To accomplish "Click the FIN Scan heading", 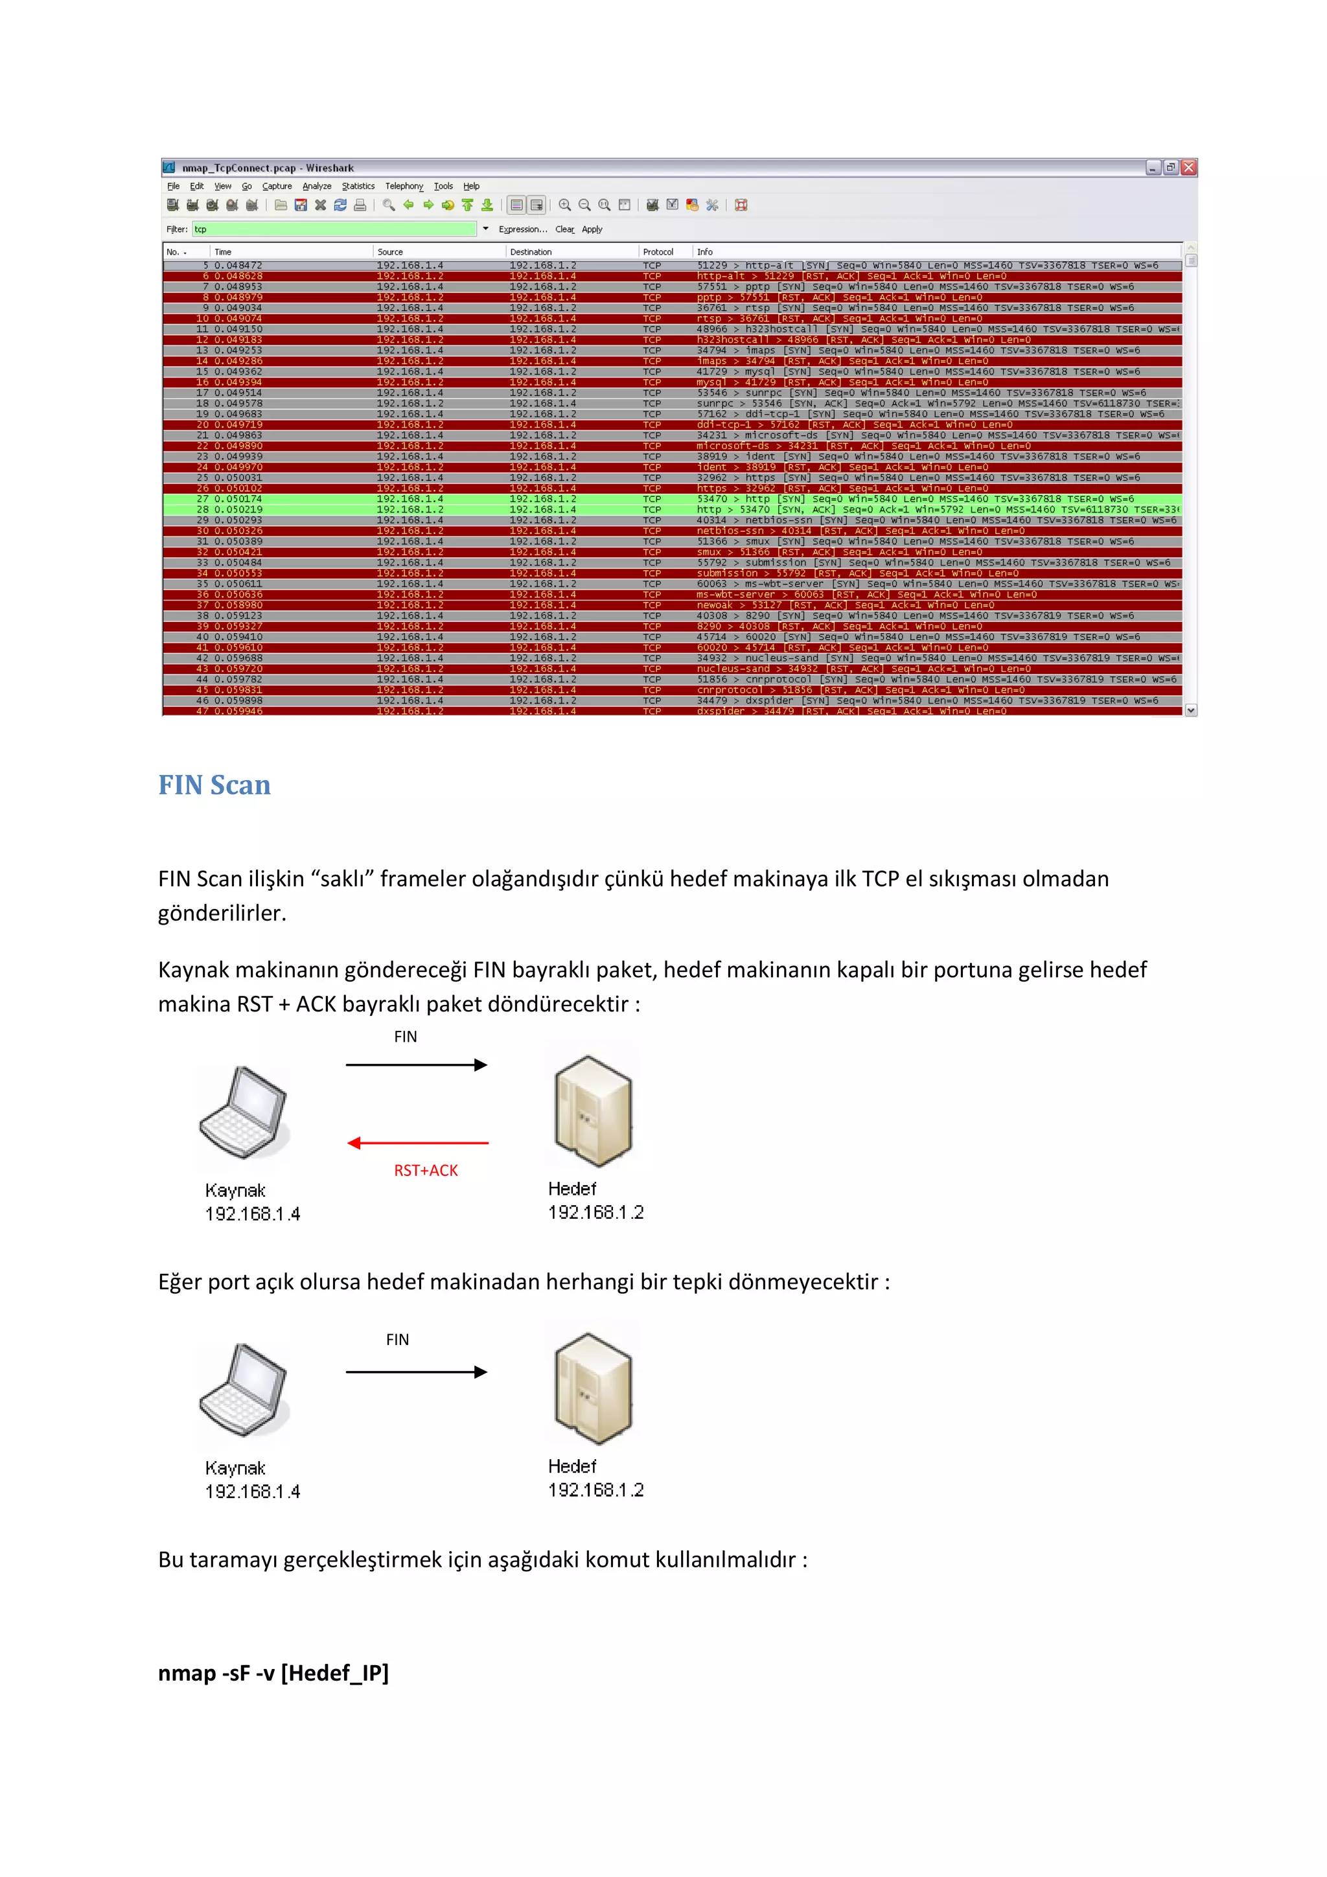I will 214,785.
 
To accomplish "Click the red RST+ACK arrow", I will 418,1143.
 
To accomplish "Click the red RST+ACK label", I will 425,1171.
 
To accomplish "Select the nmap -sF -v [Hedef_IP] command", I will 273,1674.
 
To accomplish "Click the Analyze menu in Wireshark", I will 316,187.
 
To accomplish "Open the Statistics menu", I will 358,187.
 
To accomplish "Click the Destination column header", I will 531,252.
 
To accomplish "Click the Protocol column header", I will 658,252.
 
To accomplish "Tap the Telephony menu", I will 404,187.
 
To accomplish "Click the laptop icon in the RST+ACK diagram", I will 244,1112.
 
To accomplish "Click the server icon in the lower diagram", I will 593,1387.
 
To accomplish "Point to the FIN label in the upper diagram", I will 406,1037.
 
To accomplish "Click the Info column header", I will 705,252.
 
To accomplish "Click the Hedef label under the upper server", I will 572,1189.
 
